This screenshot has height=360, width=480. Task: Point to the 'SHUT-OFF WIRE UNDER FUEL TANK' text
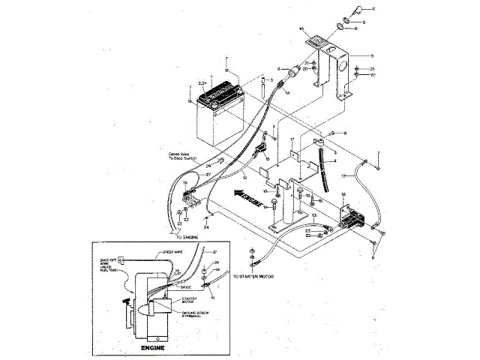click(x=106, y=265)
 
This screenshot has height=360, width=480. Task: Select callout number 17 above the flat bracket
click(x=292, y=139)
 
